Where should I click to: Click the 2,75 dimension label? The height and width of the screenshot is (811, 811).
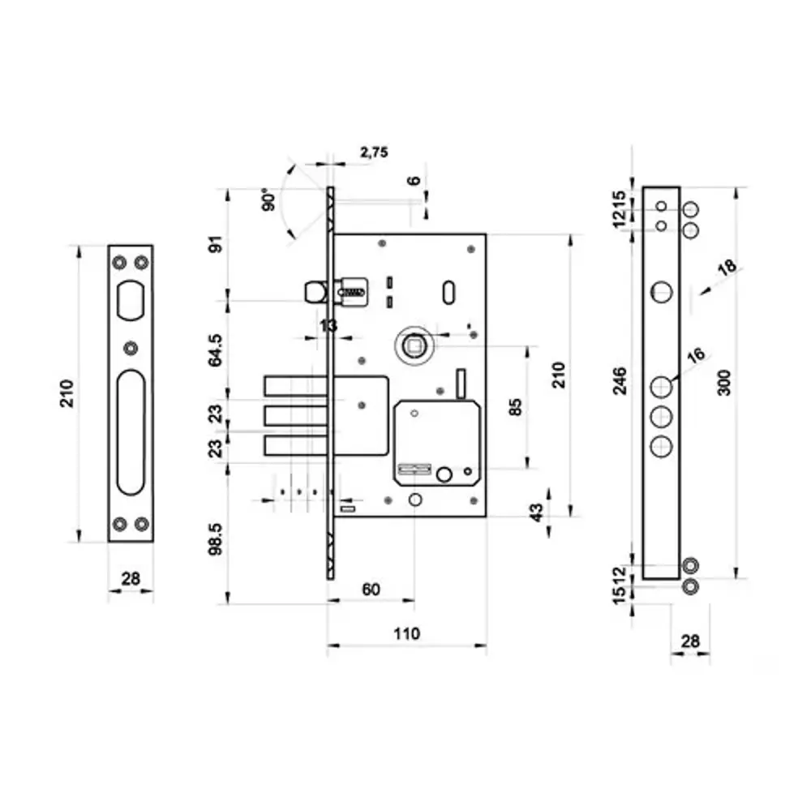click(374, 152)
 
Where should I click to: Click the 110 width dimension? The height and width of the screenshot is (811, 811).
click(406, 633)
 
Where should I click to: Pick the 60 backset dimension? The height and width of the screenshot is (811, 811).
click(371, 590)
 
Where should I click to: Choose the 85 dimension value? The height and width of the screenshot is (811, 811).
click(514, 405)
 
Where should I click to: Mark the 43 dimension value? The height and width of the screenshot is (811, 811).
click(534, 513)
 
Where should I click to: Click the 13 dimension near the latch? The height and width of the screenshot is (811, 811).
click(328, 325)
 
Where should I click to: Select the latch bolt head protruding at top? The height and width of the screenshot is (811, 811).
click(312, 292)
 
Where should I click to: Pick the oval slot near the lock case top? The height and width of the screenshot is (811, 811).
click(448, 294)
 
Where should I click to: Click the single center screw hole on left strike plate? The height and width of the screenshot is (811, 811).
click(131, 349)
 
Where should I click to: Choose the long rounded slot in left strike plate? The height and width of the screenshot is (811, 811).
click(131, 431)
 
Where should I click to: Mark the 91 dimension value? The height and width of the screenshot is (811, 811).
click(216, 245)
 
